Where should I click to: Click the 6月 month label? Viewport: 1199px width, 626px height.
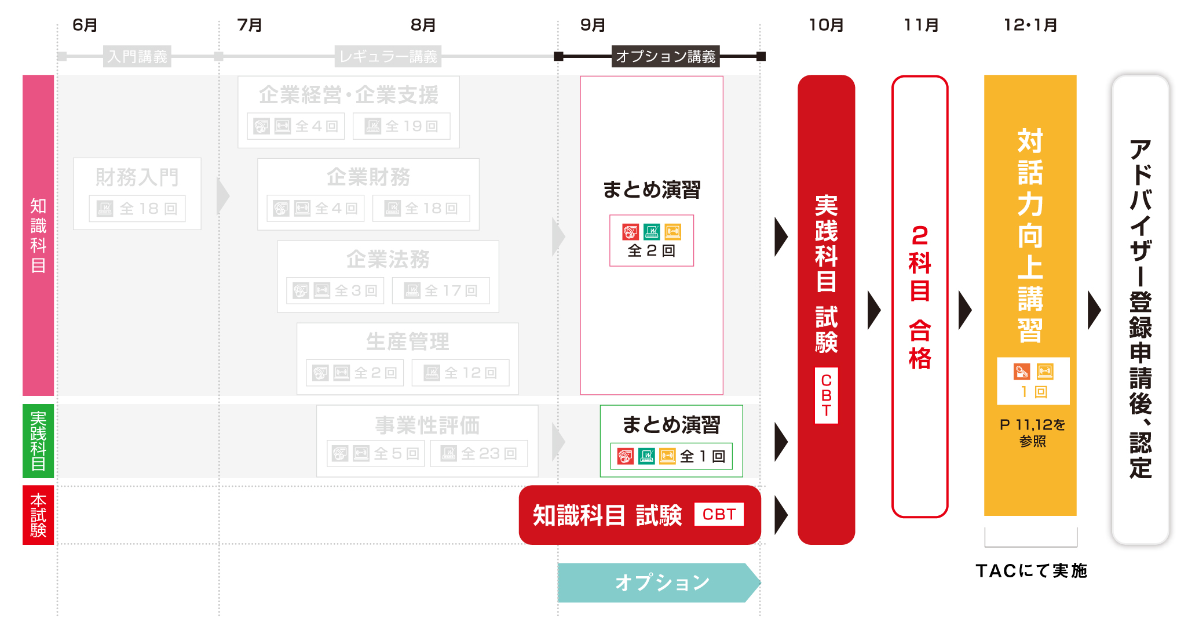[85, 25]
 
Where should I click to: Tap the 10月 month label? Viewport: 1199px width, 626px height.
[826, 25]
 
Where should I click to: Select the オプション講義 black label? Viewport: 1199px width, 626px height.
[666, 56]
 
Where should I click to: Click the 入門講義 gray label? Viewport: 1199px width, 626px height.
[137, 56]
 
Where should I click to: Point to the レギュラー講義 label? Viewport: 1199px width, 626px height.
[388, 56]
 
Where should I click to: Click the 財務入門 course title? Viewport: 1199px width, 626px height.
[137, 177]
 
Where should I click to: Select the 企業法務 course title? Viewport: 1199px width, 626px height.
[388, 259]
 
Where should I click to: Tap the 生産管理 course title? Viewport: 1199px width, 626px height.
[407, 341]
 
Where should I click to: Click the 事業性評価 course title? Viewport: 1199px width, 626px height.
[427, 425]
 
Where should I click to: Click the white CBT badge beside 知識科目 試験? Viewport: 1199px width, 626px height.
[719, 514]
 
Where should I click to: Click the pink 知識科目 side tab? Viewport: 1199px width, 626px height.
[38, 235]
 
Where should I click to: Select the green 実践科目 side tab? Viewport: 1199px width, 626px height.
[38, 441]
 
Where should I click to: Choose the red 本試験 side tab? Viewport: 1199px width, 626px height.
[38, 515]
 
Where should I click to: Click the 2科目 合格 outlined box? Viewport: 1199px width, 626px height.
[920, 296]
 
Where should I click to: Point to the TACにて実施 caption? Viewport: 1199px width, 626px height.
[1031, 571]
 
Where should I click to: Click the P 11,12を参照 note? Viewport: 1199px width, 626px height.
[1032, 432]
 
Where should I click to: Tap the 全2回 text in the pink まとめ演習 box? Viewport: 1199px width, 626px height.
[652, 250]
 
